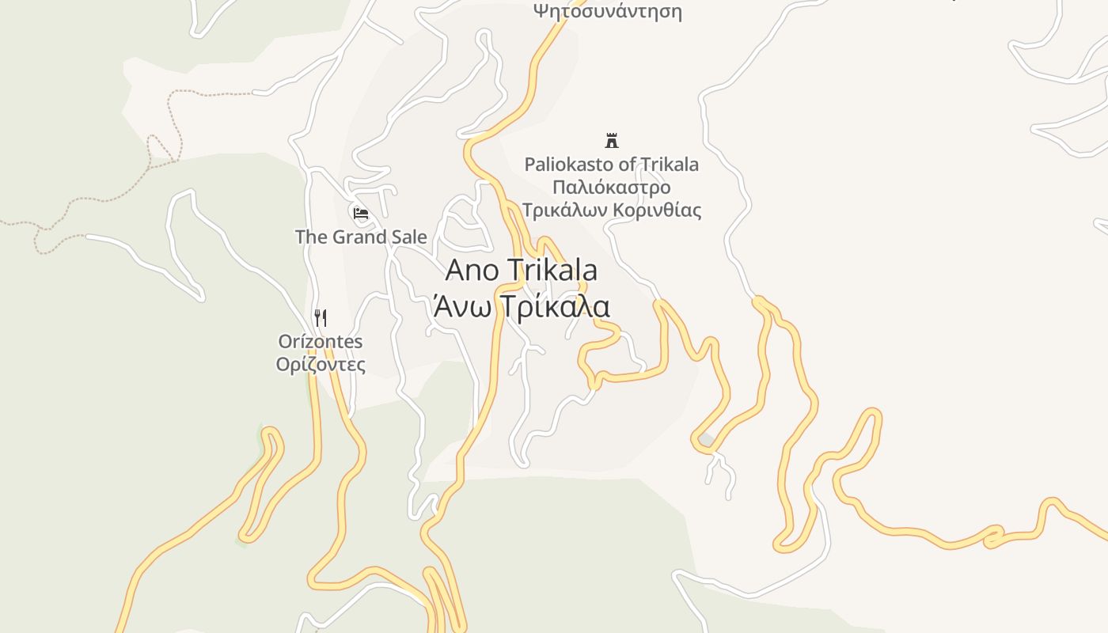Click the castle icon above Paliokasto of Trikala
[611, 141]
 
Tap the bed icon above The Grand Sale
[361, 213]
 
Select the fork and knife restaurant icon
[321, 318]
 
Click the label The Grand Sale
[361, 237]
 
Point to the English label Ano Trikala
[521, 270]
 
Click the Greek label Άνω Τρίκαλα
[521, 306]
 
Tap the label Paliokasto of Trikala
[612, 165]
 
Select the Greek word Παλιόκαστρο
[612, 188]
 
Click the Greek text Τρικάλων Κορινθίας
[612, 210]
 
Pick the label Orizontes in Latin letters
[321, 342]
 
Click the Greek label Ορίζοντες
[321, 365]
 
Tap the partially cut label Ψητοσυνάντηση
[607, 11]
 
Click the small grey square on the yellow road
[706, 440]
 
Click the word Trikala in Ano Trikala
[551, 270]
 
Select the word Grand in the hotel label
[356, 237]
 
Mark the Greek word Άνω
[458, 306]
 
